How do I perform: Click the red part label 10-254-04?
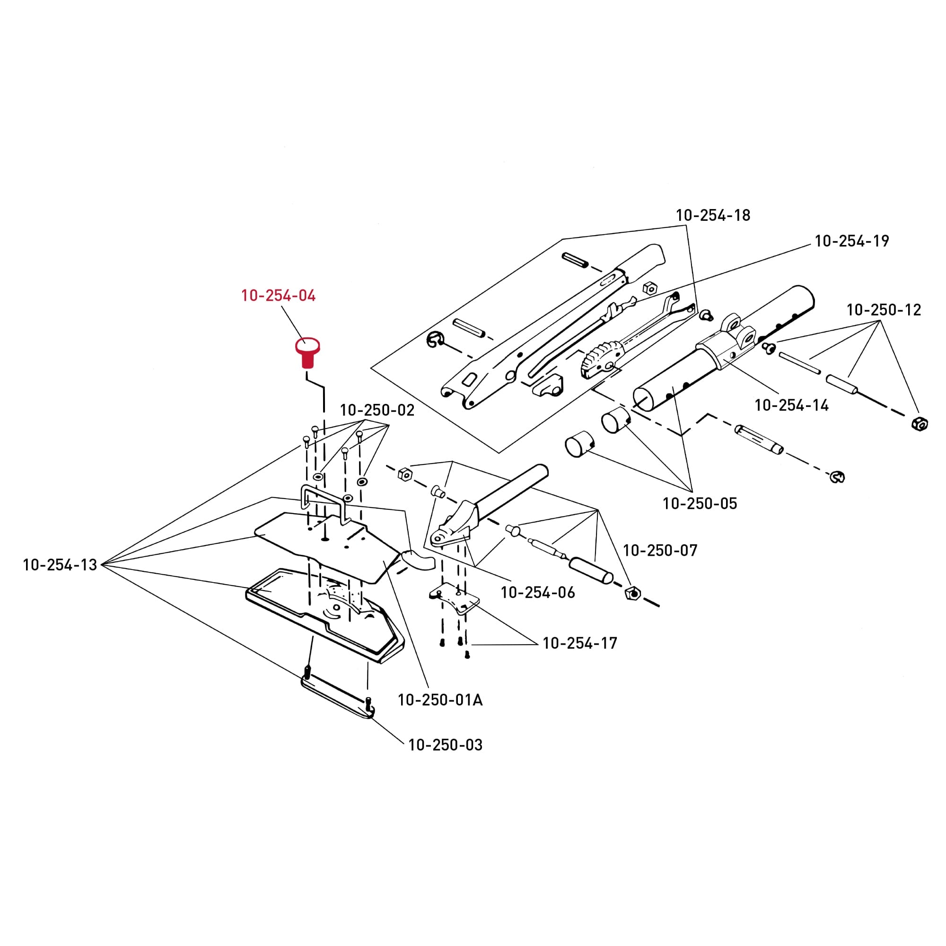click(278, 296)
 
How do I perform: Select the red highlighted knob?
click(307, 353)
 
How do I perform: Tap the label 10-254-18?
click(713, 215)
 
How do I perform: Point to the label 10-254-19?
click(851, 241)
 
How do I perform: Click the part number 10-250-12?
click(884, 310)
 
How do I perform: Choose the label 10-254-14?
click(791, 405)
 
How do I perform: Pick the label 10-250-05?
click(700, 504)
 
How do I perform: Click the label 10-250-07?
click(660, 551)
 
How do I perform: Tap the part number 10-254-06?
click(538, 593)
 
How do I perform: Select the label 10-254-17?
click(580, 643)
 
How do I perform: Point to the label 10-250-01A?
click(440, 700)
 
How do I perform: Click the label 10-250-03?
click(445, 745)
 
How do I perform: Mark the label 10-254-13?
click(60, 565)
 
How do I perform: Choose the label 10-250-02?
click(377, 410)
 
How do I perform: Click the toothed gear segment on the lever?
click(597, 361)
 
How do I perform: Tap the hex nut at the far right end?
click(920, 423)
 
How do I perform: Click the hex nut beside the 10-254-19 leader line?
click(649, 288)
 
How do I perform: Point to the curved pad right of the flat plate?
click(418, 560)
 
